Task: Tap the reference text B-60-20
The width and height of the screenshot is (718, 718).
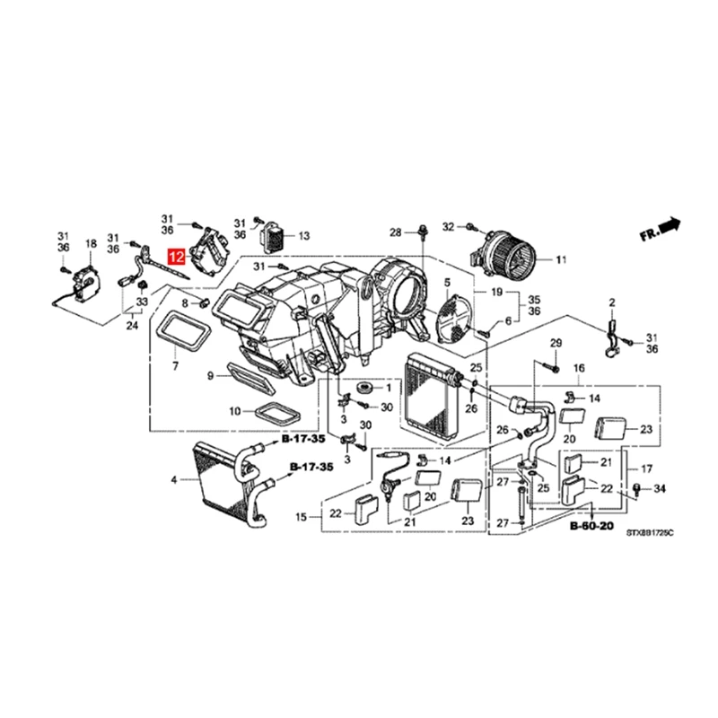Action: [591, 528]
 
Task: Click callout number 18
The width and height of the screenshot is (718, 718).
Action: [90, 243]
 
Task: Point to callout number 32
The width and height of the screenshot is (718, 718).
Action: [450, 226]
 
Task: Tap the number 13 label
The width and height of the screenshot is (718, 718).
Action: [303, 236]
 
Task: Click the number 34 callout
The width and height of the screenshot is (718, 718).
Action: [660, 488]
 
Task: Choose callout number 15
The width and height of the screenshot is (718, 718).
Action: [302, 517]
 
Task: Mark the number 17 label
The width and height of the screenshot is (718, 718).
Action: [646, 468]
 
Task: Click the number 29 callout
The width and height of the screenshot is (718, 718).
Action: [555, 345]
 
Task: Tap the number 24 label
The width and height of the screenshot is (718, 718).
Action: [132, 326]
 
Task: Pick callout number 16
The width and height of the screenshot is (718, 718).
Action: [579, 369]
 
